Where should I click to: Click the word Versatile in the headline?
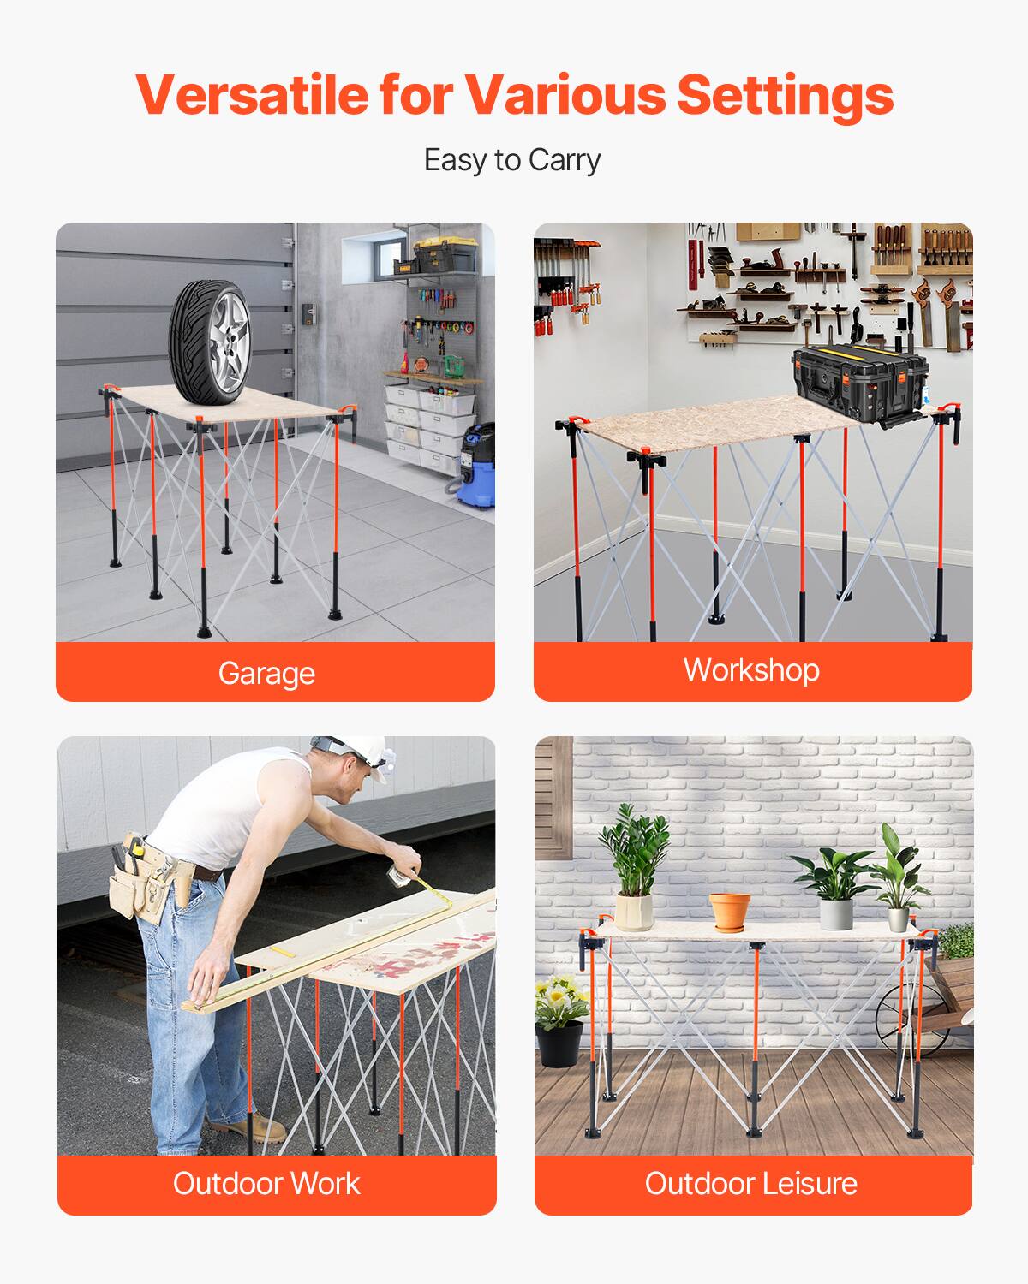point(250,94)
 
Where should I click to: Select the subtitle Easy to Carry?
point(512,160)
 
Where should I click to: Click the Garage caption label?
point(266,673)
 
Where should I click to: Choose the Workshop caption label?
point(751,669)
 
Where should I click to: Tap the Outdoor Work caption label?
point(266,1183)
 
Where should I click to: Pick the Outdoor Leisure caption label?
point(751,1183)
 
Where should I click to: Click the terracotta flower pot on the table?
point(729,911)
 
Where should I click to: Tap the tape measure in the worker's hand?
point(399,875)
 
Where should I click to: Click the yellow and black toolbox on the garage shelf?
point(445,253)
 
